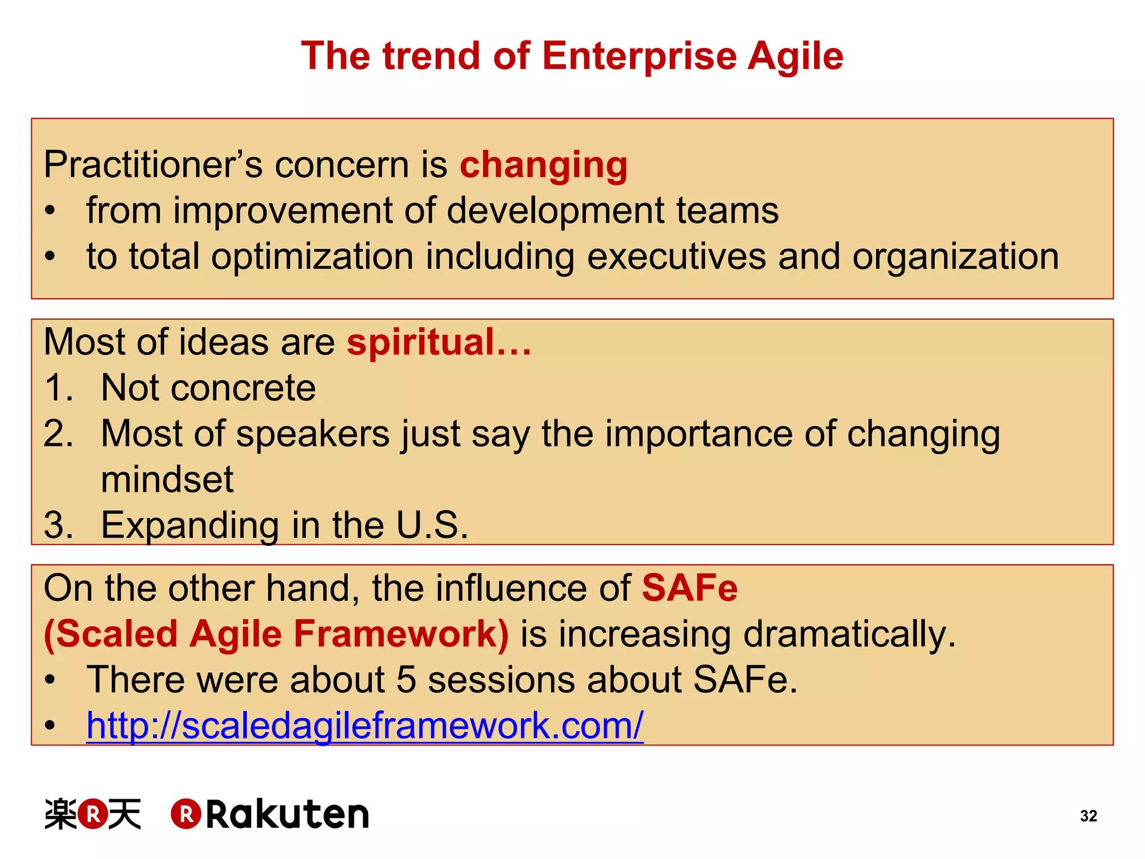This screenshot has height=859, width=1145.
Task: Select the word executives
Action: [676, 257]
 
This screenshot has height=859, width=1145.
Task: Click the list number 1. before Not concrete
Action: [59, 388]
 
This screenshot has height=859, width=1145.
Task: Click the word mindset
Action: [167, 479]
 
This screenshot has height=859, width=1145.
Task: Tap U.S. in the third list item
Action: [432, 525]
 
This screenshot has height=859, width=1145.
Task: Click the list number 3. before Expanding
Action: [59, 525]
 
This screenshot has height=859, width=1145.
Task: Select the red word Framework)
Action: [401, 634]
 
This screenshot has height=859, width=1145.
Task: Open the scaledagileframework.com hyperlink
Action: [365, 725]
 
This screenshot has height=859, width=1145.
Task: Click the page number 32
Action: [1088, 816]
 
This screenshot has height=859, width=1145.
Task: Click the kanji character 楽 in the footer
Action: [60, 814]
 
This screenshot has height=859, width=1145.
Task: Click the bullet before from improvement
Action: [50, 211]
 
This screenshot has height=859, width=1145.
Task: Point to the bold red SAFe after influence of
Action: [689, 588]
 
